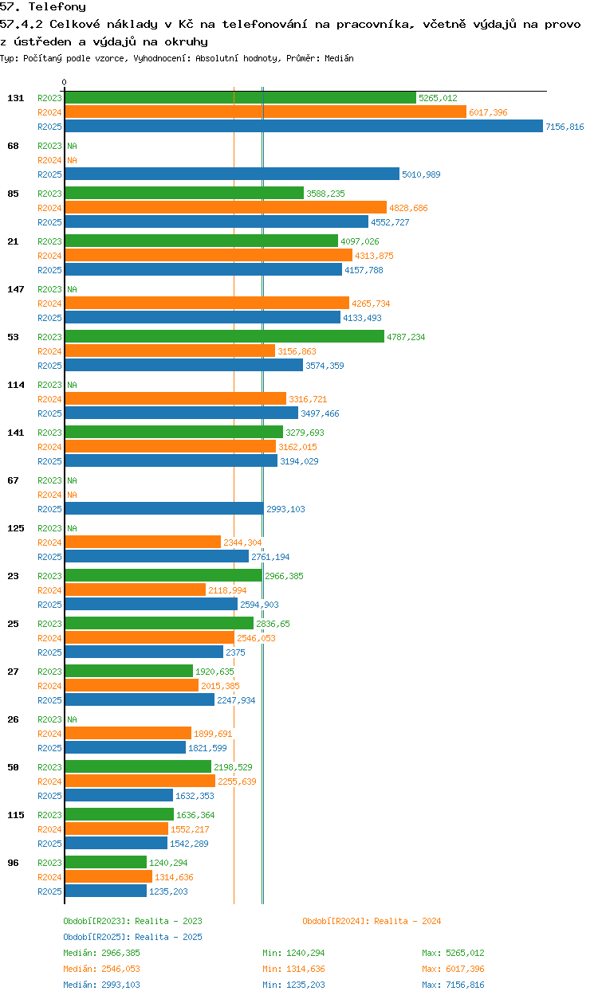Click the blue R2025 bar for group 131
pos(303,127)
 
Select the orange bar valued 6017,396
pos(265,112)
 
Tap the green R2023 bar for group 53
pos(224,337)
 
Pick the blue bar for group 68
pos(231,174)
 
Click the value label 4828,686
pos(408,208)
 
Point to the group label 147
pos(13,289)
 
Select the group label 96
pos(13,863)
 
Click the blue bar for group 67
pos(163,509)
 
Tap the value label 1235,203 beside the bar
pos(168,891)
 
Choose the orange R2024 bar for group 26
pos(128,734)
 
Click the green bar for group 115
pos(119,815)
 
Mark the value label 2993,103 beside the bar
pos(285,509)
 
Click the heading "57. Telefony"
pos(43,7)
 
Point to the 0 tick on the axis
pos(65,82)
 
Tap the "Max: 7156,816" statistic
pos(453,985)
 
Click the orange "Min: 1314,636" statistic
pos(293,969)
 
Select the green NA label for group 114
pos(72,385)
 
